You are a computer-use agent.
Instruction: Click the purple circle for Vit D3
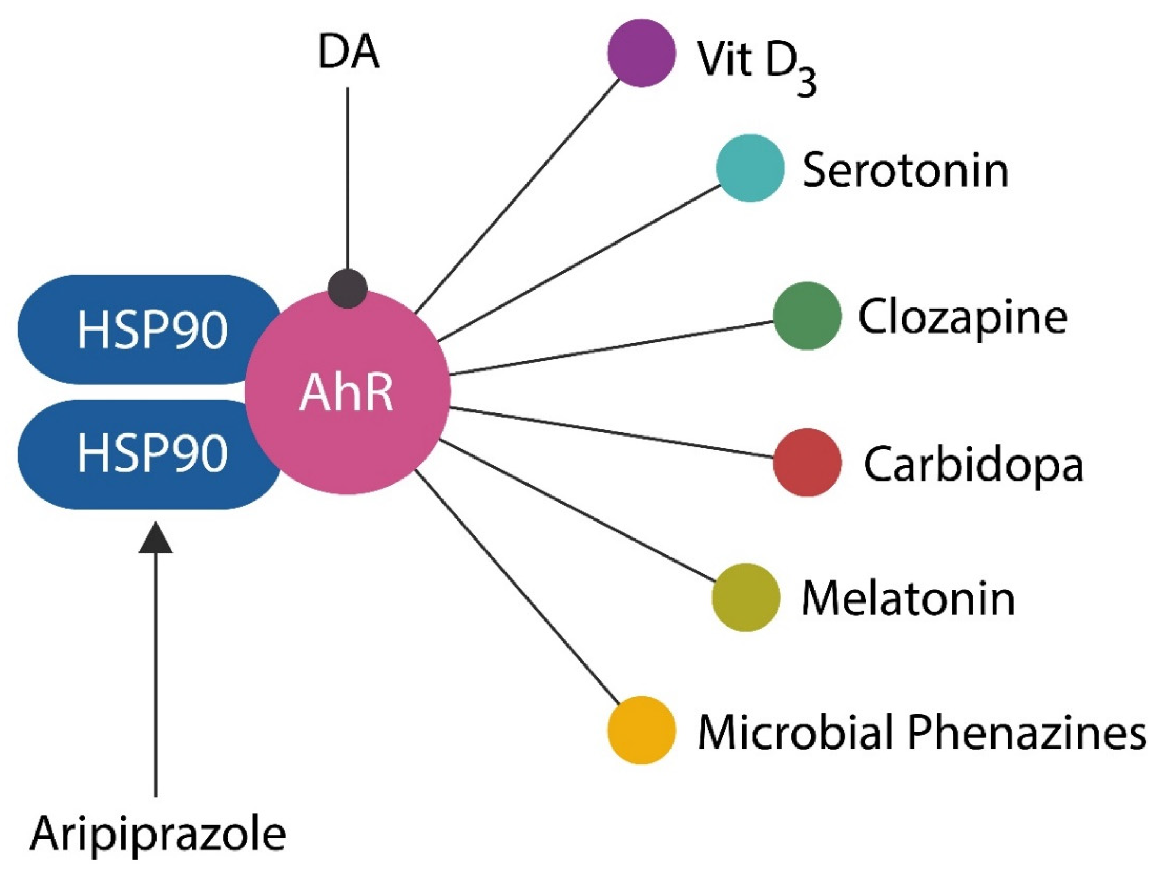click(642, 53)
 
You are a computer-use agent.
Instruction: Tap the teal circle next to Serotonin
click(750, 168)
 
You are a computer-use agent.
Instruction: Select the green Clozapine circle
click(807, 315)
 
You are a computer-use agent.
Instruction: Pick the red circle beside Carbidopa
click(807, 462)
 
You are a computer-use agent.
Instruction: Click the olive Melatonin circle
click(745, 597)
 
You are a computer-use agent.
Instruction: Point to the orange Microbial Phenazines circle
click(641, 730)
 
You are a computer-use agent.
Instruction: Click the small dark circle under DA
click(347, 288)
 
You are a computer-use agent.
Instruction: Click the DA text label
click(348, 54)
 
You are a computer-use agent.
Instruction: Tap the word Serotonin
click(905, 170)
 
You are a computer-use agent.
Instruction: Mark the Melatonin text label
click(908, 599)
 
